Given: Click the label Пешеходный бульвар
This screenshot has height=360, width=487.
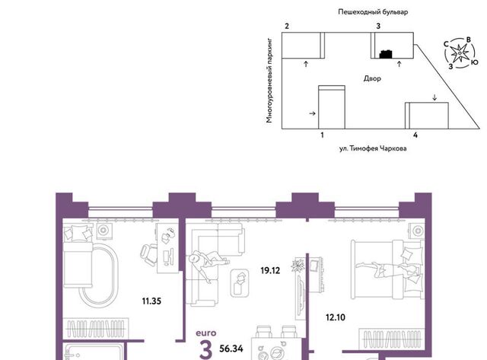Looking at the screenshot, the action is click(373, 12).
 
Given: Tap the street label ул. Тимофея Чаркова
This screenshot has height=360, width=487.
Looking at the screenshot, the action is click(373, 148).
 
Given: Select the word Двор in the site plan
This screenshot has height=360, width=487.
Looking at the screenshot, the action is click(372, 78).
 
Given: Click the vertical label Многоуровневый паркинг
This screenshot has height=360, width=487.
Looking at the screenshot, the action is click(269, 81).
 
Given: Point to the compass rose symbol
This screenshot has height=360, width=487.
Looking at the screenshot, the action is click(460, 53).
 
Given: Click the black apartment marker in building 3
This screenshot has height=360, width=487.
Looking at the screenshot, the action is click(386, 54).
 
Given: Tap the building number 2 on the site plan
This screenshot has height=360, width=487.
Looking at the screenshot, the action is click(287, 26).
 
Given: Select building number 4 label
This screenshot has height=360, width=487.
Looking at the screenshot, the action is click(415, 135).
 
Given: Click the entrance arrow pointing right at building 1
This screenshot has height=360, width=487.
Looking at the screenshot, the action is click(313, 113).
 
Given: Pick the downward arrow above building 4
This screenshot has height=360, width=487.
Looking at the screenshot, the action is click(434, 97).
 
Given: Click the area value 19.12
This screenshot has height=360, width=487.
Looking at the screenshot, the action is click(270, 270).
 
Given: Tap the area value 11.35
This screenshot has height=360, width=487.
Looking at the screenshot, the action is click(151, 301).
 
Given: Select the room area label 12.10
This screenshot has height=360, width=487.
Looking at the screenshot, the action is click(336, 317).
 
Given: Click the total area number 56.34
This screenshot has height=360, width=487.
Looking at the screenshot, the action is click(231, 349).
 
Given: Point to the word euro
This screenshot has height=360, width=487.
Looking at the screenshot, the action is click(206, 333).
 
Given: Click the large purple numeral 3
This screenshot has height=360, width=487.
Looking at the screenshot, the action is click(206, 350).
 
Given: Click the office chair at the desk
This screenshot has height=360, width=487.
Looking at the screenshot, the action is click(149, 254).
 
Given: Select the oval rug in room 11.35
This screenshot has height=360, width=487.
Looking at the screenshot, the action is click(99, 274).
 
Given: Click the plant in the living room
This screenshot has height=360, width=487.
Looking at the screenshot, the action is click(298, 266).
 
